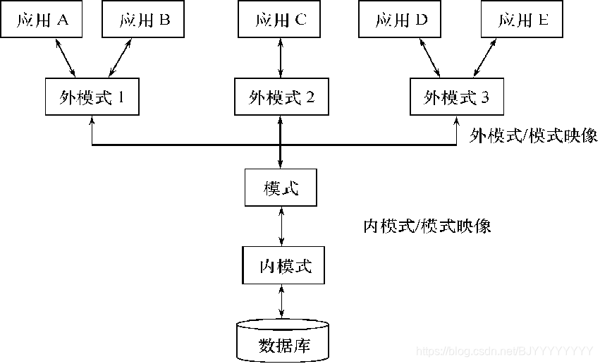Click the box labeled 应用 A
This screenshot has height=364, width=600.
(x=41, y=20)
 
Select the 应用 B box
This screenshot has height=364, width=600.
(x=144, y=20)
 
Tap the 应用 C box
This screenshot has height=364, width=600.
(x=281, y=20)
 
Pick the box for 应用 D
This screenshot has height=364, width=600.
(x=400, y=20)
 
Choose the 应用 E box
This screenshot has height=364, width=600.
(x=522, y=20)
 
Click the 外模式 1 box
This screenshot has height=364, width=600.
(x=92, y=97)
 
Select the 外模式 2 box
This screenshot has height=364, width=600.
(x=281, y=97)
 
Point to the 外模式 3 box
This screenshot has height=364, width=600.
(x=456, y=97)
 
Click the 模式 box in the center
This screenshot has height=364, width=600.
(x=281, y=188)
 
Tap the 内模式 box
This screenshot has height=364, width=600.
(x=283, y=265)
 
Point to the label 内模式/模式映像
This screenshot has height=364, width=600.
(x=427, y=226)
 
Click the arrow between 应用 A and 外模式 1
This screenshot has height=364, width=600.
(x=65, y=58)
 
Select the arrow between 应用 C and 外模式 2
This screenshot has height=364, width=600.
(x=281, y=58)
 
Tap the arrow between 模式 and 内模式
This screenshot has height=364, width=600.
(x=282, y=226)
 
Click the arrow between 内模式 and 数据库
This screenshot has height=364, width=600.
(x=283, y=301)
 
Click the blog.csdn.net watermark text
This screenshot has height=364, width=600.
(x=503, y=351)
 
